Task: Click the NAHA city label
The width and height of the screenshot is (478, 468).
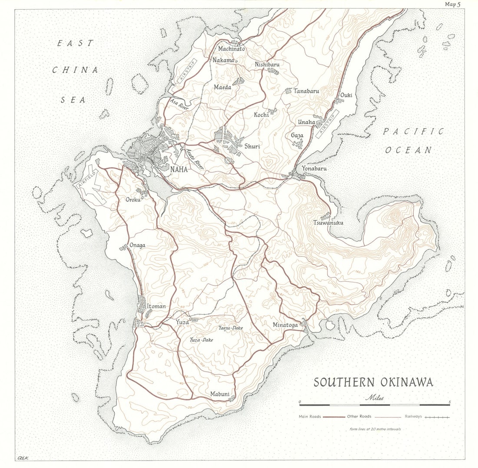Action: (x=179, y=169)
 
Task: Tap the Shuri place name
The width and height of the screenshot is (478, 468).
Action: (x=252, y=146)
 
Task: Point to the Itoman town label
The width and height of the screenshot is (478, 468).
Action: (x=156, y=306)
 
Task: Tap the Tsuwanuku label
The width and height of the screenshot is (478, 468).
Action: (x=328, y=223)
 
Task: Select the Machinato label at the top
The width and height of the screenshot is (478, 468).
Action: (x=232, y=49)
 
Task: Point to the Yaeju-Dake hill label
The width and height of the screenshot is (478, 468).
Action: (x=231, y=328)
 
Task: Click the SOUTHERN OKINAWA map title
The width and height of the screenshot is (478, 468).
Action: (x=373, y=382)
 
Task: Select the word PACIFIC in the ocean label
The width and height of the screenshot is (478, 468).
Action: (x=413, y=132)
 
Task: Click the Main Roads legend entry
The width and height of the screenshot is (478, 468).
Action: (x=309, y=416)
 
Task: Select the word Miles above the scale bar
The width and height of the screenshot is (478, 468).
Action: (x=375, y=397)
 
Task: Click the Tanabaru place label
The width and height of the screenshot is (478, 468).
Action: (x=306, y=91)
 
